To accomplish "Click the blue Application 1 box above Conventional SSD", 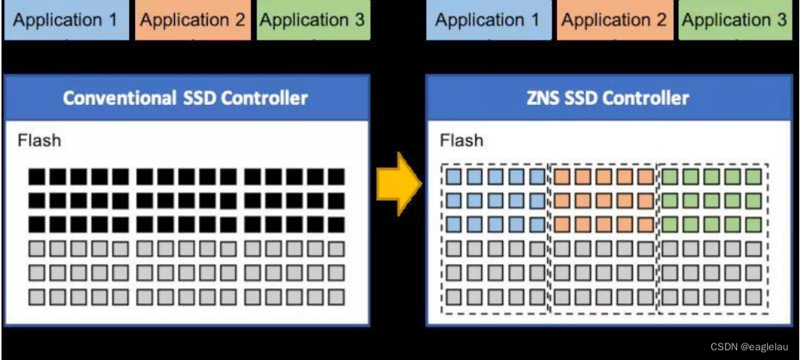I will (66, 20).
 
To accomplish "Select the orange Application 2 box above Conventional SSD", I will (193, 20).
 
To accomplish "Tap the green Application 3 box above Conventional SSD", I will (313, 20).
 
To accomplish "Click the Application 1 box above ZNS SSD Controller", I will (488, 20).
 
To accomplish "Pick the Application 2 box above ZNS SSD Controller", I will (614, 20).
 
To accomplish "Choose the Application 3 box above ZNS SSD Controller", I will (735, 20).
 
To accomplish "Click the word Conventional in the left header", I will (121, 97).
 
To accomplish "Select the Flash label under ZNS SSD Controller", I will (462, 140).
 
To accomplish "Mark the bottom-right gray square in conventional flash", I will (336, 296).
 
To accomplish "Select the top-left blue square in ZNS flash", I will (453, 178).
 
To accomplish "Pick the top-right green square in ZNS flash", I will (753, 178).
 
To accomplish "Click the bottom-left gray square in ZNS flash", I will (453, 296).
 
